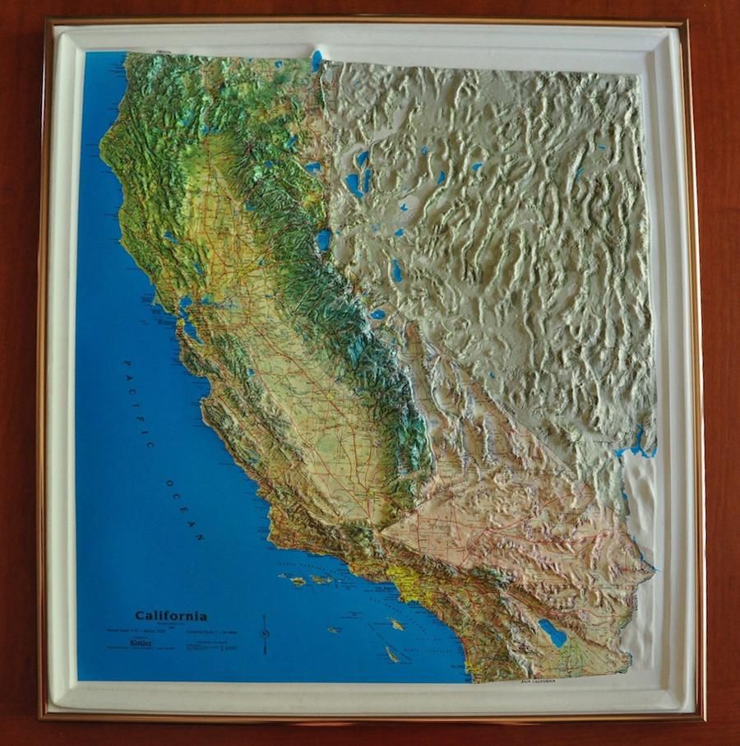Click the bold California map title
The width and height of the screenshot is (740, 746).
(171, 615)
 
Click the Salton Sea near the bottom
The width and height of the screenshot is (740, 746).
(552, 632)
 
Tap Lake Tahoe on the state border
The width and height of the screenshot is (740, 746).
(323, 239)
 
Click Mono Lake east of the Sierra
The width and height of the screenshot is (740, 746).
(377, 313)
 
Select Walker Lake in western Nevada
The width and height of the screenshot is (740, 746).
(397, 270)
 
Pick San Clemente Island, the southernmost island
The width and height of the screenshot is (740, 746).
(392, 655)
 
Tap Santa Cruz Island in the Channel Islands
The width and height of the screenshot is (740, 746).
(321, 579)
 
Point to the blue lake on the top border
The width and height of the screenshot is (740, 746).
(316, 59)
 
